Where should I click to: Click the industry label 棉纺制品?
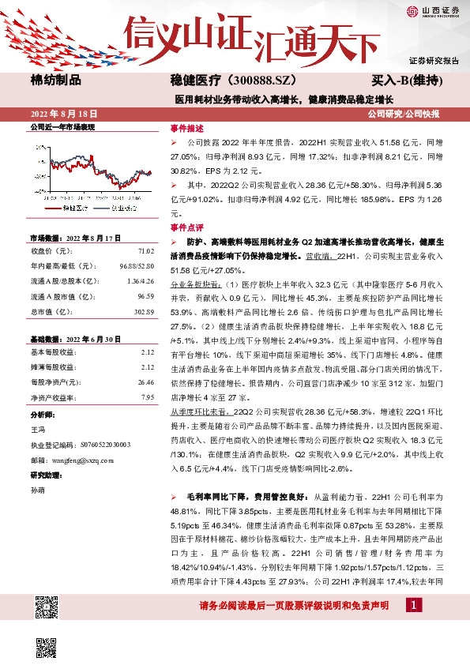point(55,81)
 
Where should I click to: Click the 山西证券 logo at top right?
point(434,10)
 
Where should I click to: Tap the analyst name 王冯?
point(37,430)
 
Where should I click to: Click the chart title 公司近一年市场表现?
point(62,126)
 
